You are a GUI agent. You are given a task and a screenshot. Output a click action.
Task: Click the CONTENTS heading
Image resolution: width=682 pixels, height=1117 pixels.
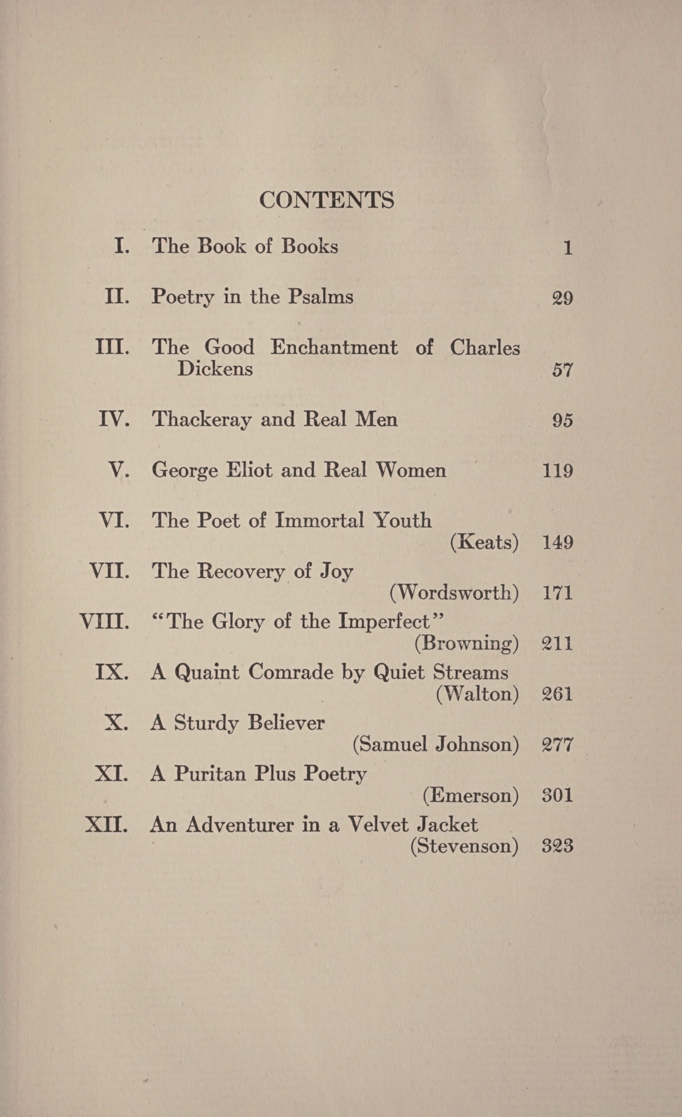[x=326, y=200]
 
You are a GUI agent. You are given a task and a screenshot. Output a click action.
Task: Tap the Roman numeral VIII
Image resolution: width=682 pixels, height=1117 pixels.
[x=104, y=622]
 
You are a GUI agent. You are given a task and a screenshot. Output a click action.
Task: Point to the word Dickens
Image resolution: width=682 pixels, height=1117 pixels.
[x=215, y=369]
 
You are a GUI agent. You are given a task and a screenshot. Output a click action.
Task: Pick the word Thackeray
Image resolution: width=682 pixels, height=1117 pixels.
[x=201, y=419]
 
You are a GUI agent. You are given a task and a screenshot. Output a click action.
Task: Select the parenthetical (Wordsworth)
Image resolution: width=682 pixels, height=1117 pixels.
[x=454, y=592]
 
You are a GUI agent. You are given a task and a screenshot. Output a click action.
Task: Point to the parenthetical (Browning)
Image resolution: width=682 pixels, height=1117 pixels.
[x=467, y=643]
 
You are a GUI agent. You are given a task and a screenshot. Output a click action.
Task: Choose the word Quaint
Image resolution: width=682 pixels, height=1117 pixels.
[x=207, y=672]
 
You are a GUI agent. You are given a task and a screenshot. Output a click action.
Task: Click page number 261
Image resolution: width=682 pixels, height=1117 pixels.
[x=557, y=694]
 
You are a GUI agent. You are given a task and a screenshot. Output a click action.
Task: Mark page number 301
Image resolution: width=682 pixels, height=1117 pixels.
[x=557, y=795]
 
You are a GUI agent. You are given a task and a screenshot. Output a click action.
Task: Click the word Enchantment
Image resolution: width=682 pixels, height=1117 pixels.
[x=334, y=347]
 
